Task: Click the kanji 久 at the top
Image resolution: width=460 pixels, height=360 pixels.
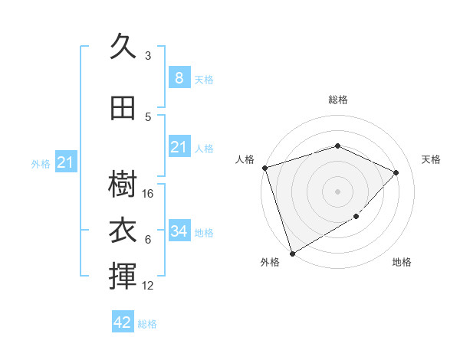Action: pyautogui.click(x=122, y=47)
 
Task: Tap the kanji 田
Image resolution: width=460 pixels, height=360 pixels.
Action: pyautogui.click(x=122, y=109)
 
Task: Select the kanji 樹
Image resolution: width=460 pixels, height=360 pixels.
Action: pyautogui.click(x=122, y=184)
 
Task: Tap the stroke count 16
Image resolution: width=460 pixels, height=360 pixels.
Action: pyautogui.click(x=149, y=194)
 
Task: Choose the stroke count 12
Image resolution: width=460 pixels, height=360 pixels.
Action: pyautogui.click(x=149, y=286)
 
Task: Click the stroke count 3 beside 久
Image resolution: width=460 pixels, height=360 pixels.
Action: pyautogui.click(x=148, y=56)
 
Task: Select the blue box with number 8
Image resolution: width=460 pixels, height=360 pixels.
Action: pyautogui.click(x=179, y=77)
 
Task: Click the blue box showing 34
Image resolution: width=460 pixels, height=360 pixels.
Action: pyautogui.click(x=179, y=231)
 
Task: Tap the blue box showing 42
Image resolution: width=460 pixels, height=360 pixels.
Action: pyautogui.click(x=123, y=322)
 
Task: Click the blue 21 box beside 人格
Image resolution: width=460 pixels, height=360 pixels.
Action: pyautogui.click(x=179, y=147)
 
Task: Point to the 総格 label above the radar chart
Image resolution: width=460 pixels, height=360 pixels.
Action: pyautogui.click(x=337, y=100)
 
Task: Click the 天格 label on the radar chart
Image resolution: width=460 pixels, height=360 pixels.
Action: pyautogui.click(x=431, y=159)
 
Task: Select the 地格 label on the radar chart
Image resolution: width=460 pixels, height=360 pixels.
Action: pyautogui.click(x=402, y=262)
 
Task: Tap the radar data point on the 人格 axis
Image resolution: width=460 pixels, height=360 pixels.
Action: pyautogui.click(x=264, y=168)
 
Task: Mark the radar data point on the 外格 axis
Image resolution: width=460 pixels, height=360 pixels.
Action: pyautogui.click(x=292, y=253)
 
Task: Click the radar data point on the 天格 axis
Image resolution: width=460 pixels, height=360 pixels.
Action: pyautogui.click(x=396, y=172)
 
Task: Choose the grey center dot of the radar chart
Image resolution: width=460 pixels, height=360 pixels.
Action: pyautogui.click(x=337, y=191)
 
